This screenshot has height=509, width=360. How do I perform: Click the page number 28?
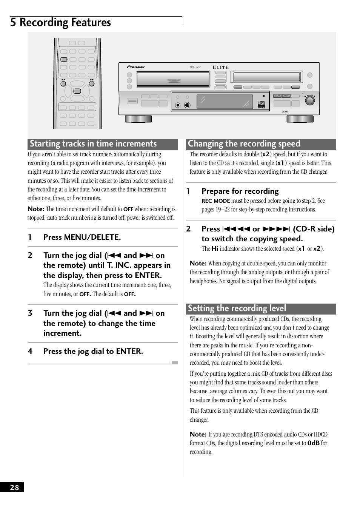tap(14, 487)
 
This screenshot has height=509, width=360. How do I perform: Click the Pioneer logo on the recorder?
tap(136, 67)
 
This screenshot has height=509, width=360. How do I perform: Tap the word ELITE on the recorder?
tap(221, 68)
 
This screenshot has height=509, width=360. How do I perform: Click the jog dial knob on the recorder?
tap(309, 100)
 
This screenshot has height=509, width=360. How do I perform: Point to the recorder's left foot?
tap(138, 119)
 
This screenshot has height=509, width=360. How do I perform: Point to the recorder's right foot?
tap(300, 119)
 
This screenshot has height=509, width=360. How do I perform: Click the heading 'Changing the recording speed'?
tap(244, 144)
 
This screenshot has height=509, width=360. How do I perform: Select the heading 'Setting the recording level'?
tap(237, 308)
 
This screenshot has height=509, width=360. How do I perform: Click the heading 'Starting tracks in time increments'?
tap(93, 144)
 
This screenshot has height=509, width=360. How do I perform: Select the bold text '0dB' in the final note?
tap(313, 443)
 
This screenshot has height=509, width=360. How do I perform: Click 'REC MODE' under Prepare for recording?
tap(215, 201)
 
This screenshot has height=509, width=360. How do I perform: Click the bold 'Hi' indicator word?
tap(215, 249)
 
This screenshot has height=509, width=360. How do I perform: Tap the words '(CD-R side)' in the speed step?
tap(314, 229)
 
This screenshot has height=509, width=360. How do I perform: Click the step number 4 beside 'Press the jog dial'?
tap(30, 352)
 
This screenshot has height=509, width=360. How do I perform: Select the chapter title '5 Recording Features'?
tap(61, 23)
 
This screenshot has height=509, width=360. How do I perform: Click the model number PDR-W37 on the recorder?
tap(195, 68)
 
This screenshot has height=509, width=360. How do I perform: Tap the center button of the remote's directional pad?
tap(77, 91)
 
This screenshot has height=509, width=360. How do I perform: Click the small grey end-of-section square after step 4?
tap(175, 363)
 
